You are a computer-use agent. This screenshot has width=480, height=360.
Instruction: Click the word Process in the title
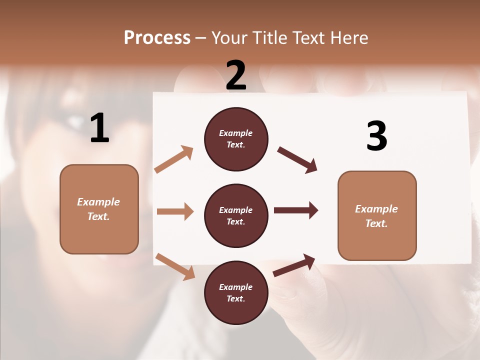(157, 38)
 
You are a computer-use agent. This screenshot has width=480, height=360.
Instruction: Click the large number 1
(99, 128)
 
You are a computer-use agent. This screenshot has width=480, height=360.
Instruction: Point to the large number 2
(236, 75)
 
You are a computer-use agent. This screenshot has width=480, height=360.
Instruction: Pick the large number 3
(376, 136)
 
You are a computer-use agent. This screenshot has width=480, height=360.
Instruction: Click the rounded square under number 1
(99, 209)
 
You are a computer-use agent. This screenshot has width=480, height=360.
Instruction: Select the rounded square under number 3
(377, 215)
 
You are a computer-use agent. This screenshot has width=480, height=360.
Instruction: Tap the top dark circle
(236, 139)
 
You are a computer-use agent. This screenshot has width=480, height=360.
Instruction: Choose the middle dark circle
(236, 215)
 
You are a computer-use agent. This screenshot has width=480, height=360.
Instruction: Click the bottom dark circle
(236, 292)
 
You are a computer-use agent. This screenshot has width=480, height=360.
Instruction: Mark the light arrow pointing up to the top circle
(174, 159)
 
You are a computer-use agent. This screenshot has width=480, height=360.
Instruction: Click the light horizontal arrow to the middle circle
(175, 211)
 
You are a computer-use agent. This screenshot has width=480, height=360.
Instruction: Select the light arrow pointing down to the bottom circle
(175, 266)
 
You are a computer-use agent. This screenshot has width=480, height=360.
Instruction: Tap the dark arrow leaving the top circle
(297, 160)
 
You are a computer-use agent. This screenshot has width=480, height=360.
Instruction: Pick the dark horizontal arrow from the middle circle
(296, 210)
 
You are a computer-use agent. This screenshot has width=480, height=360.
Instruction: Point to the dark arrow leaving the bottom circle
(294, 265)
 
